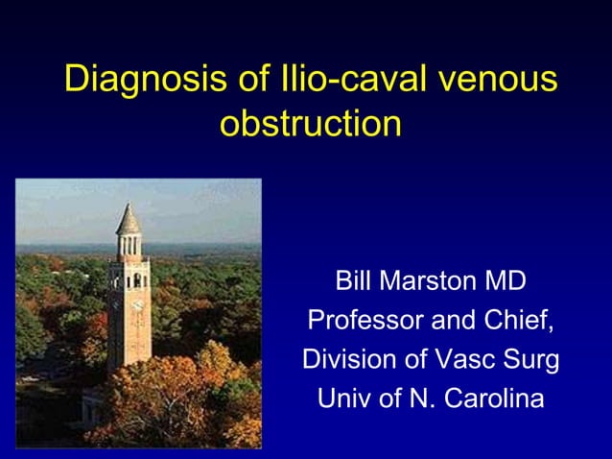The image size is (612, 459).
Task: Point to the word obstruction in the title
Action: pos(310,124)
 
